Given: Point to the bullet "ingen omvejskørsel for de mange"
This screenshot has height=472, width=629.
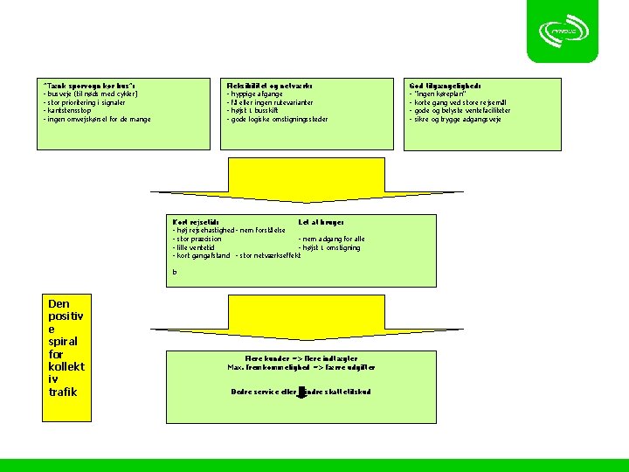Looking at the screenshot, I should click(97, 119).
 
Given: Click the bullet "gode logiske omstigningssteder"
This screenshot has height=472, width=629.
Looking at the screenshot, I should click(277, 119).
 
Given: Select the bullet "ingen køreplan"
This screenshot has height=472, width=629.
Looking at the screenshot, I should click(440, 94).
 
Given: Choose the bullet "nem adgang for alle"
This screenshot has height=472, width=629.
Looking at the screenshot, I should click(332, 239).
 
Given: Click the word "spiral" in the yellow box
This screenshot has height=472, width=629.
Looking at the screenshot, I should click(63, 340).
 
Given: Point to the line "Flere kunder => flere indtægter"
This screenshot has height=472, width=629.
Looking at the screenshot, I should click(301, 358).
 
